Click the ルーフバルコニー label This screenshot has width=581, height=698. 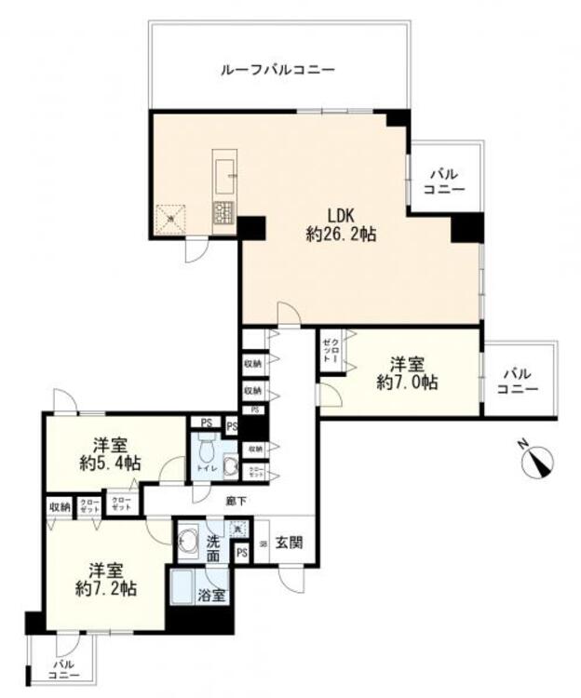click(x=277, y=70)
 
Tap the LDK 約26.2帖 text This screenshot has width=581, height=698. click(x=341, y=227)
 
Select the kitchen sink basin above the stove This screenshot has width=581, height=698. click(x=227, y=172)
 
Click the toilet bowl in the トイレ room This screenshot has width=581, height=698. click(x=230, y=466)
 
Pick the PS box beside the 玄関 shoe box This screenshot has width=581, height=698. click(x=241, y=554)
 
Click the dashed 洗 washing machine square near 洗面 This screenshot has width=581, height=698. click(x=237, y=529)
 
